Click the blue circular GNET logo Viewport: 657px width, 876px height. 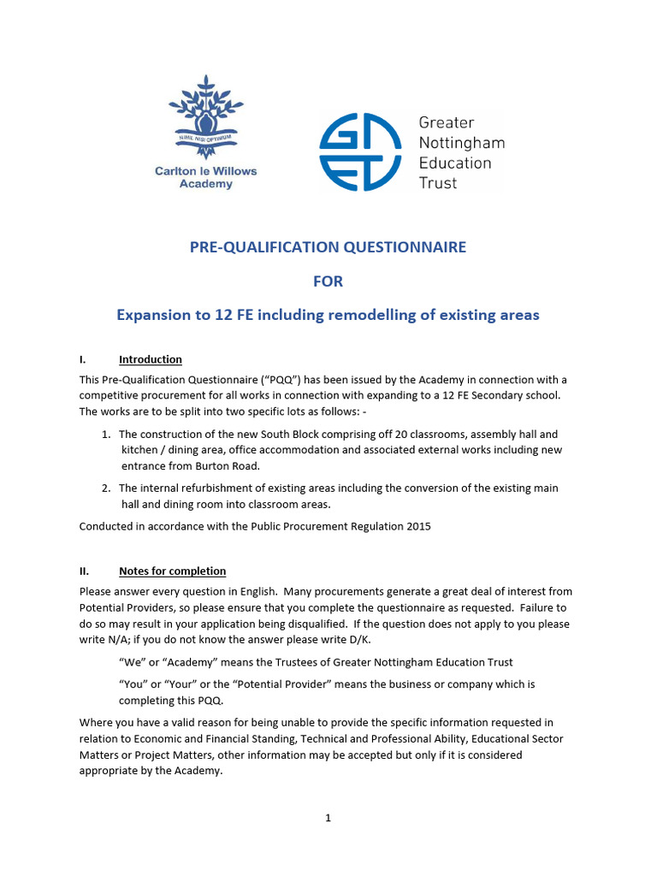click(359, 152)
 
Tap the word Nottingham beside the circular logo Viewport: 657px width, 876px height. click(461, 142)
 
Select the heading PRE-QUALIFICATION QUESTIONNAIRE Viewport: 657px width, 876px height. click(328, 247)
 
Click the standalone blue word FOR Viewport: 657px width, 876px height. click(328, 281)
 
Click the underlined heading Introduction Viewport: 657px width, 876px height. click(151, 359)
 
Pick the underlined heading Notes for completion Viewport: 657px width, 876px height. click(172, 571)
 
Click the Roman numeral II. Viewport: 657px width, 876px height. click(85, 571)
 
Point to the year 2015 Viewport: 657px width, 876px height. click(417, 526)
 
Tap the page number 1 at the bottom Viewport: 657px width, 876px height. click(328, 818)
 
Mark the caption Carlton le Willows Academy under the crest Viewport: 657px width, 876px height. click(205, 177)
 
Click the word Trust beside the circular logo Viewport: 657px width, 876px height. click(438, 182)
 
